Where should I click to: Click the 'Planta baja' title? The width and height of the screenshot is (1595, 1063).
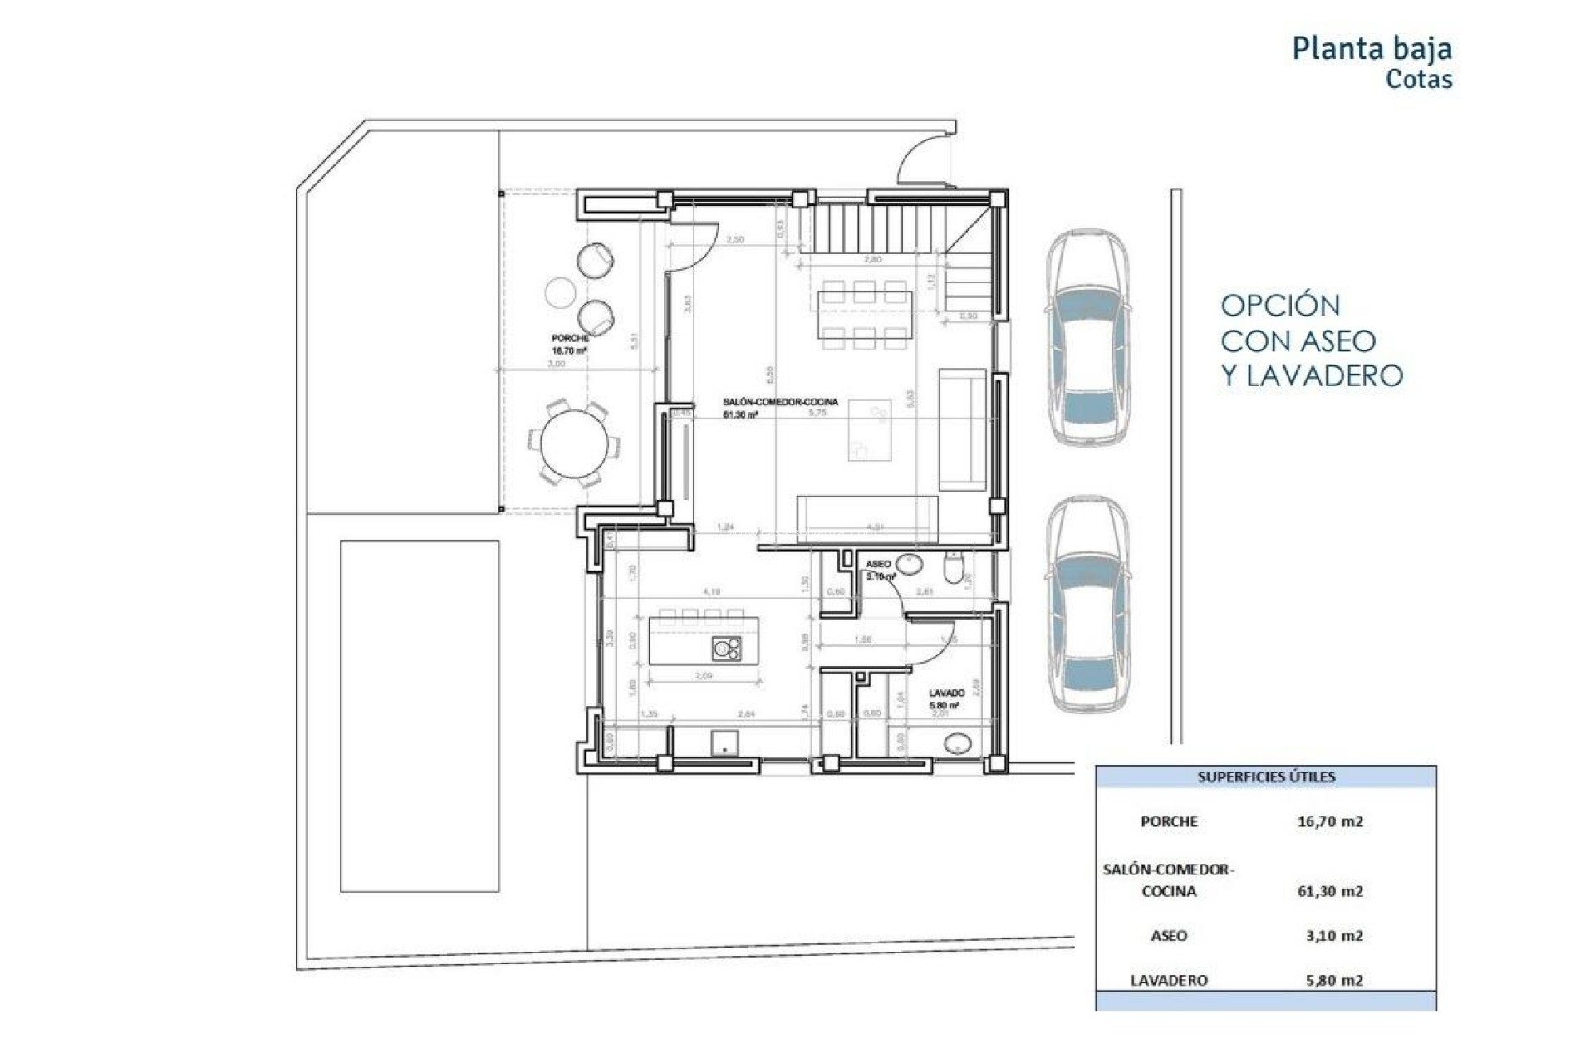[x=1372, y=48]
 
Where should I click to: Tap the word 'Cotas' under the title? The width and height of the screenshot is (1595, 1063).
[x=1418, y=80]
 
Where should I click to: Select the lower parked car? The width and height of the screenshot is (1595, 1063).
[x=1087, y=605]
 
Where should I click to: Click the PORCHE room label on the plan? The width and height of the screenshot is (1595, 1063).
[x=570, y=339]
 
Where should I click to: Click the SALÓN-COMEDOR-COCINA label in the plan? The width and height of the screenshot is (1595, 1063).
[x=780, y=402]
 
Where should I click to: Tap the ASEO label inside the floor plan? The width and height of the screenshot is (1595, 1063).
[x=878, y=564]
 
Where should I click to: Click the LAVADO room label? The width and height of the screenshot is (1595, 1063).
[x=946, y=693]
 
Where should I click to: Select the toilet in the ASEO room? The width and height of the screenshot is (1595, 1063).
[x=955, y=570]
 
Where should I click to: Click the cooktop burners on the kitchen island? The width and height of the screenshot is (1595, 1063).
[x=727, y=649]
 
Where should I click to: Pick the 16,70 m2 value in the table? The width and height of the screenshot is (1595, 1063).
[x=1329, y=821]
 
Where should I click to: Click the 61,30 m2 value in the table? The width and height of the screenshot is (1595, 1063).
[x=1329, y=891]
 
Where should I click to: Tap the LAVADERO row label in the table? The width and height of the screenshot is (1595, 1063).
[x=1168, y=980]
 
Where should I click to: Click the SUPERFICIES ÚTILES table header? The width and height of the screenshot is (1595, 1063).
[x=1265, y=777]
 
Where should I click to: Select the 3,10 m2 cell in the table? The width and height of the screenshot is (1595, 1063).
[x=1333, y=936]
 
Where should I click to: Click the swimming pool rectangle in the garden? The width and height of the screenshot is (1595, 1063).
[x=420, y=716]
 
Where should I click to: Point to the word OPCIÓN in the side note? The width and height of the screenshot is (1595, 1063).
[x=1280, y=306]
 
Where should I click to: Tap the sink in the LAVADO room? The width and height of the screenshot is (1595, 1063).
[x=958, y=744]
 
